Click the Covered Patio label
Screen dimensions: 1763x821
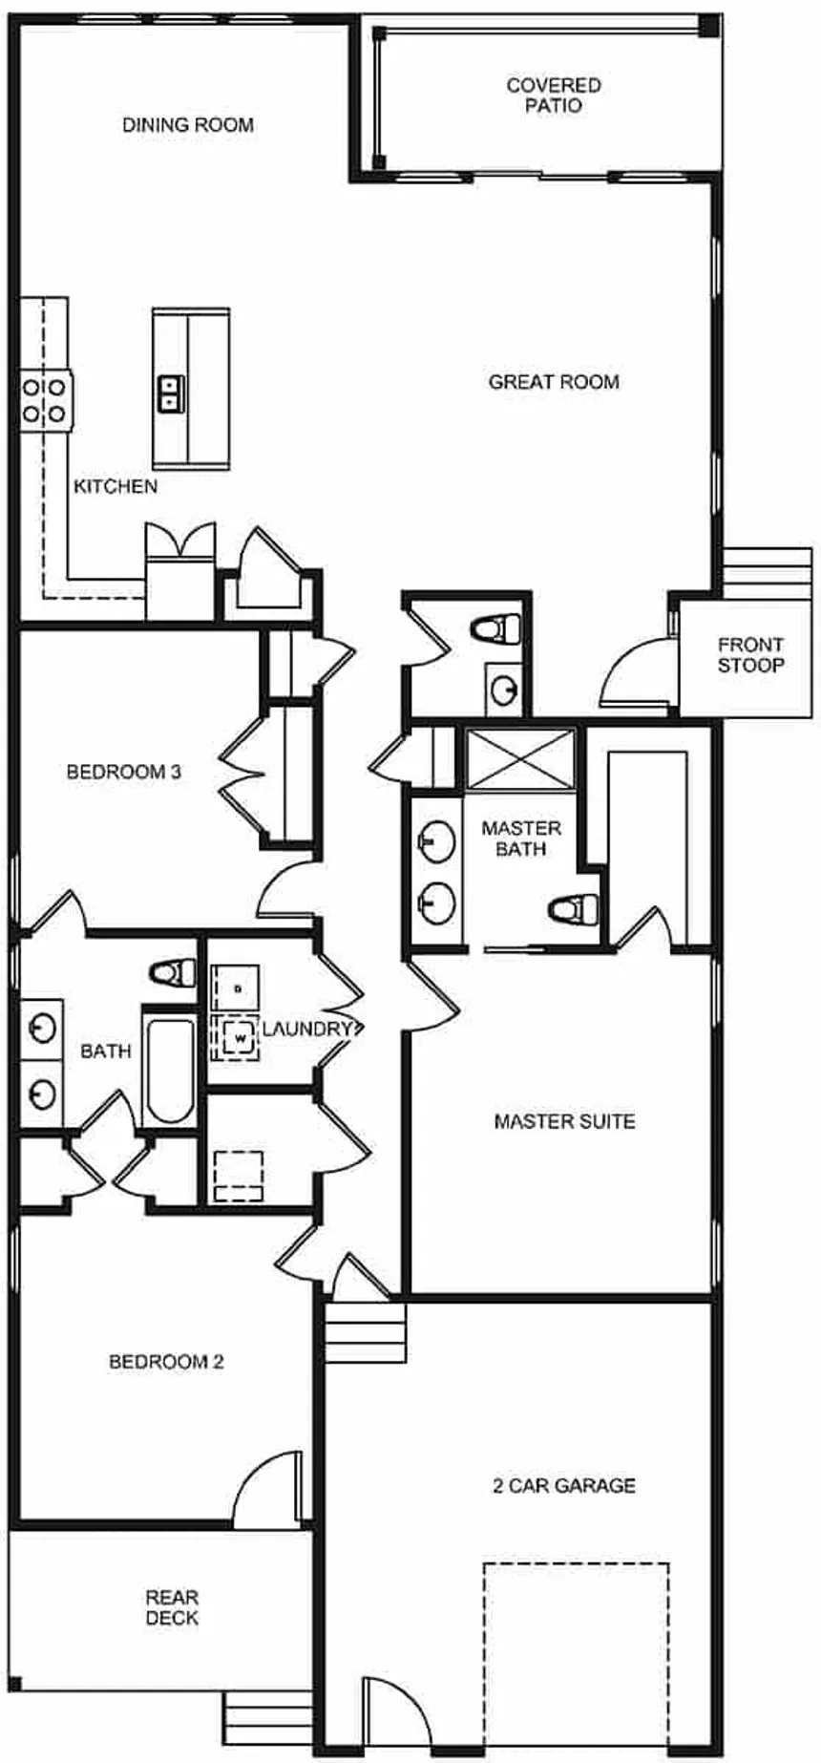(553, 96)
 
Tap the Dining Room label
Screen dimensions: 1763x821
(188, 125)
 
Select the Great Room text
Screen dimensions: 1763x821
(554, 382)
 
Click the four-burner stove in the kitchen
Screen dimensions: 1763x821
(45, 400)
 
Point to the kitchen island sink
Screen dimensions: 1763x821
(171, 393)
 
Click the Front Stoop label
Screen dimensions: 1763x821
(750, 655)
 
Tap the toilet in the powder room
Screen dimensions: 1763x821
(497, 629)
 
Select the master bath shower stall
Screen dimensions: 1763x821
(520, 760)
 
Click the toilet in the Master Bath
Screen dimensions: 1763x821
(576, 908)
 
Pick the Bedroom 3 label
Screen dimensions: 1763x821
(124, 772)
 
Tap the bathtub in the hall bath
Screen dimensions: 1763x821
(170, 1071)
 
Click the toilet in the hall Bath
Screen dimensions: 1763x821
(173, 973)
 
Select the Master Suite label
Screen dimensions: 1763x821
(564, 1121)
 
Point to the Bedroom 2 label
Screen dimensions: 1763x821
(166, 1362)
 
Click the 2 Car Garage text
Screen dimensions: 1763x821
(563, 1486)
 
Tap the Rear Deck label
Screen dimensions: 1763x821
(172, 1607)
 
